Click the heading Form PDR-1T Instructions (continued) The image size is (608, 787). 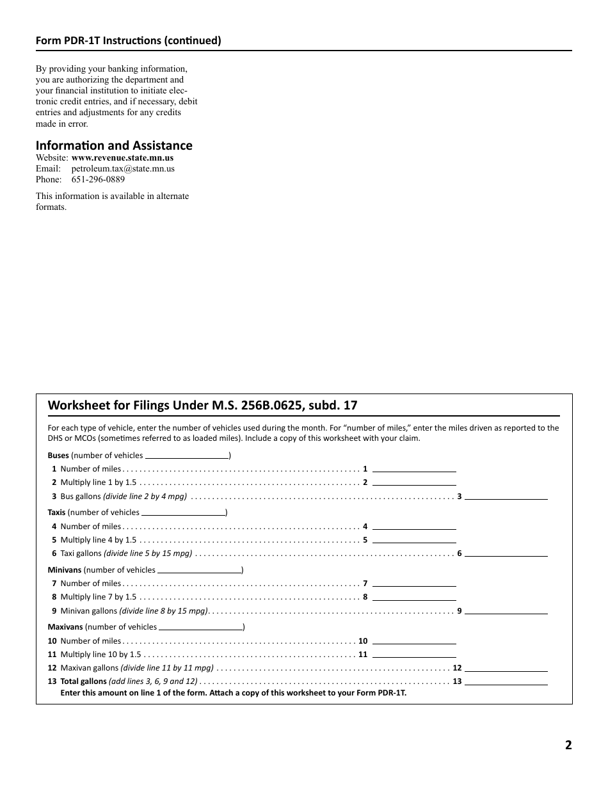tap(128, 41)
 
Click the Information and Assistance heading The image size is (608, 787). tap(114, 145)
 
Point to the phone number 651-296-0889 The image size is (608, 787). tap(98, 179)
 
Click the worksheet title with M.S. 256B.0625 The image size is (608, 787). tap(202, 406)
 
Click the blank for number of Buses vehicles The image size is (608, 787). tap(187, 456)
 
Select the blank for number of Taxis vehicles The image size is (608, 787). tap(183, 513)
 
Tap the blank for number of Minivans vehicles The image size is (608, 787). tap(199, 569)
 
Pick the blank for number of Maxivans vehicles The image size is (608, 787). tap(200, 627)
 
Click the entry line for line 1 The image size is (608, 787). tap(414, 469)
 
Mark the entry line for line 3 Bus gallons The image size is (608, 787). tap(506, 497)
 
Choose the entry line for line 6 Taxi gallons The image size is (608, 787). tap(506, 553)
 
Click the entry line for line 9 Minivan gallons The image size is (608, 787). tap(506, 611)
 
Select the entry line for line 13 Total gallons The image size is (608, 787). tap(506, 681)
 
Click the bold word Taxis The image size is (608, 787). tap(56, 513)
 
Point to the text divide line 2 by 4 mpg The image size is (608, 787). tap(145, 497)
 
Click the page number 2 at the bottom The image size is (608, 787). tap(568, 745)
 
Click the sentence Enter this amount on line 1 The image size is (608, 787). tap(233, 692)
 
